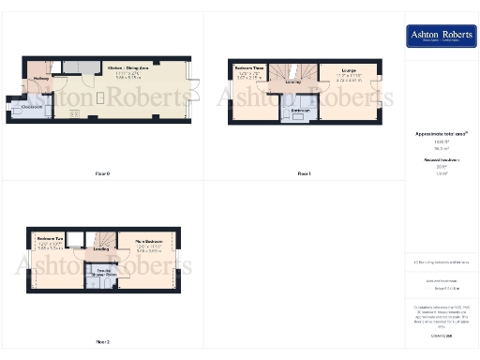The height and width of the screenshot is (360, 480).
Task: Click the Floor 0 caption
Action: tap(103, 174)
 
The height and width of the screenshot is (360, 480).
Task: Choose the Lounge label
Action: tap(347, 70)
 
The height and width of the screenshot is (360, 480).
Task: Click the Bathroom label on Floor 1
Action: tap(300, 111)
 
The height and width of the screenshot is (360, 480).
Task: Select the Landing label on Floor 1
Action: tap(292, 82)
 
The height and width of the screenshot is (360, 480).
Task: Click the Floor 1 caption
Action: tap(304, 174)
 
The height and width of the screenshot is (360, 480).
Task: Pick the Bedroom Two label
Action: tap(50, 240)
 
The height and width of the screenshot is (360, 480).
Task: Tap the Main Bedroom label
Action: tap(149, 240)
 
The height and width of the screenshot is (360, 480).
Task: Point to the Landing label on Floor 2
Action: tap(99, 249)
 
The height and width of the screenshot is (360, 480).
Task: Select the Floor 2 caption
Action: tap(103, 342)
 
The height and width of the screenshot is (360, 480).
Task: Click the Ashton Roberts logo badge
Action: tap(442, 37)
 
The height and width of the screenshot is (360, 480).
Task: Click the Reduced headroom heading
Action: tap(441, 160)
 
